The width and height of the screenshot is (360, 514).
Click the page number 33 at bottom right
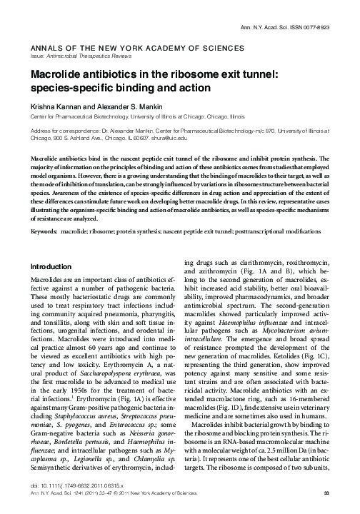[x=326, y=493]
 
